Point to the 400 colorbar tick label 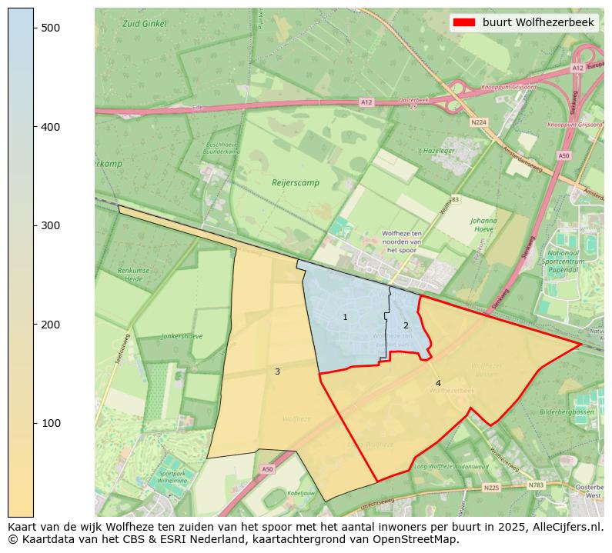50,127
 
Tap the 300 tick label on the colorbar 50,225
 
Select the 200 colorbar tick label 50,325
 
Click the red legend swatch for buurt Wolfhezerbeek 464,22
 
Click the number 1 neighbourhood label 345,318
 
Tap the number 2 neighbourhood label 406,325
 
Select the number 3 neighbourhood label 277,372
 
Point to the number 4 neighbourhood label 438,383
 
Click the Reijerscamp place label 296,183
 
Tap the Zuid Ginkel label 144,24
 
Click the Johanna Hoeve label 484,224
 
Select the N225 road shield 492,488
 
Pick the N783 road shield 536,485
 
